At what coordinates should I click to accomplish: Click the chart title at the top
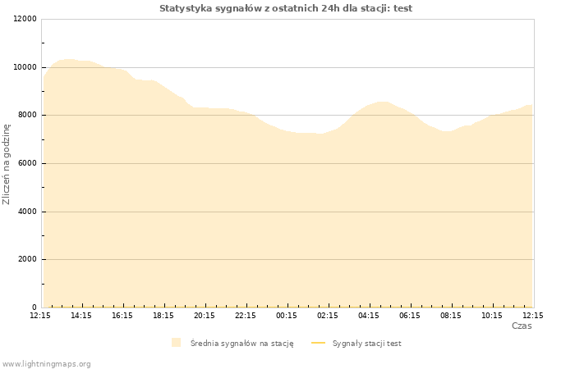pos(286,8)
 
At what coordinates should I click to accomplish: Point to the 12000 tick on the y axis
pos(25,19)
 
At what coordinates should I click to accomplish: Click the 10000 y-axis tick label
pos(25,67)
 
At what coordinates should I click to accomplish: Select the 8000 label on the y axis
pos(27,115)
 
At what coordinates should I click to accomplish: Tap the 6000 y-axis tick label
pos(27,163)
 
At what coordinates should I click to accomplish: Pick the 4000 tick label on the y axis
pos(27,212)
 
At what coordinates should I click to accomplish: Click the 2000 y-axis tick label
pos(27,259)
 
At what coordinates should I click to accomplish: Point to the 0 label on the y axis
pos(34,307)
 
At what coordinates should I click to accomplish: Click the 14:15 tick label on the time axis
pos(81,316)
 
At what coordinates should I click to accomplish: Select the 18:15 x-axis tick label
pos(163,316)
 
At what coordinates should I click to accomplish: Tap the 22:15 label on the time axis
pos(246,316)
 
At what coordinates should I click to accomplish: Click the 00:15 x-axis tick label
pos(287,316)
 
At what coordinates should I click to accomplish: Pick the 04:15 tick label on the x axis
pos(369,316)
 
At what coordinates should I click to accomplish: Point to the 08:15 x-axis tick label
pos(451,316)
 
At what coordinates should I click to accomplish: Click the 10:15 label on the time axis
pos(492,316)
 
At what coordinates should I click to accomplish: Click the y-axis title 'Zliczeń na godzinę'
pos(7,164)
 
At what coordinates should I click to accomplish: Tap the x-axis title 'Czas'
pos(522,326)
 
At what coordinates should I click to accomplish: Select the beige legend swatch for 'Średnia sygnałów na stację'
pos(177,343)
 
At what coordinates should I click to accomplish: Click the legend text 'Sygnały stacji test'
pos(366,344)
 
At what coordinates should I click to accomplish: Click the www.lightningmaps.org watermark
pos(46,364)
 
